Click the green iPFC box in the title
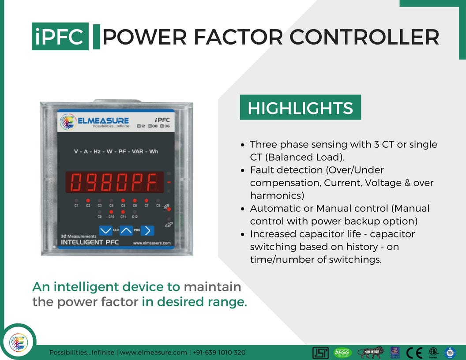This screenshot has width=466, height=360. click(60, 36)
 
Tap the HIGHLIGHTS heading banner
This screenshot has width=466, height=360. click(300, 108)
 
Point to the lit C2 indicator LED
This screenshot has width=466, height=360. click(88, 200)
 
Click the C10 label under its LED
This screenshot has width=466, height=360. click(111, 217)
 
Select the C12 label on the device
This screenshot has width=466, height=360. click(135, 217)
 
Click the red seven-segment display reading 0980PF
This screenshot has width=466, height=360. click(114, 182)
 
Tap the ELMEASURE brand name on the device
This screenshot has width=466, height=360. click(103, 120)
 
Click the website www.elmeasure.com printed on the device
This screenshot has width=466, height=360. click(151, 243)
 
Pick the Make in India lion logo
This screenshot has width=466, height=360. click(370, 352)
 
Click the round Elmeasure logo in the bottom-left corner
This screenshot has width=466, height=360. click(19, 342)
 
